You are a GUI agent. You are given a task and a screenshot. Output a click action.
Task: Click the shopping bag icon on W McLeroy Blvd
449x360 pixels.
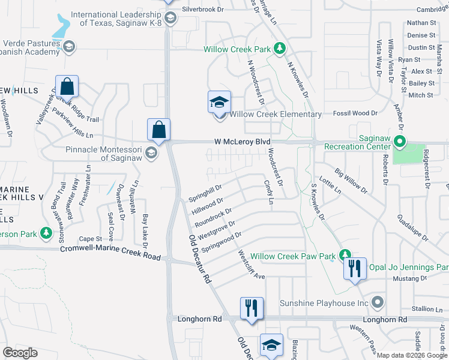(x=158, y=130)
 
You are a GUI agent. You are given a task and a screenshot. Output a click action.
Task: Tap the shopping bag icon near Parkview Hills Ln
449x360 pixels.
(x=67, y=87)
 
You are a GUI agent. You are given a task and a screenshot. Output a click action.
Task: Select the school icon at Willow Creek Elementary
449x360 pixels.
(x=219, y=103)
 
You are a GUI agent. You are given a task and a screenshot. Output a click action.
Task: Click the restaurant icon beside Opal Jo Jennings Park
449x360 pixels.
(x=355, y=268)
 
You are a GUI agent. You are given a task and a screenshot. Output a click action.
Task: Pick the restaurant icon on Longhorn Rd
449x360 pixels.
(x=252, y=308)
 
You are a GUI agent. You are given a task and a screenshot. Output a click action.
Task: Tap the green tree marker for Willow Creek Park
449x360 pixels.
(x=279, y=48)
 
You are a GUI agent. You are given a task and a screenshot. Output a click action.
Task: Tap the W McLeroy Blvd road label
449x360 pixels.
(x=238, y=142)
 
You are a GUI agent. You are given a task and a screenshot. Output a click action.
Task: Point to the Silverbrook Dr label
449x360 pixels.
(x=202, y=10)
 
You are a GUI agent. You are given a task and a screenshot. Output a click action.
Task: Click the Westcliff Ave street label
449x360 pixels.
(x=252, y=265)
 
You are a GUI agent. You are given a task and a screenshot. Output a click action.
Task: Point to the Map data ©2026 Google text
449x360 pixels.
(x=411, y=355)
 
